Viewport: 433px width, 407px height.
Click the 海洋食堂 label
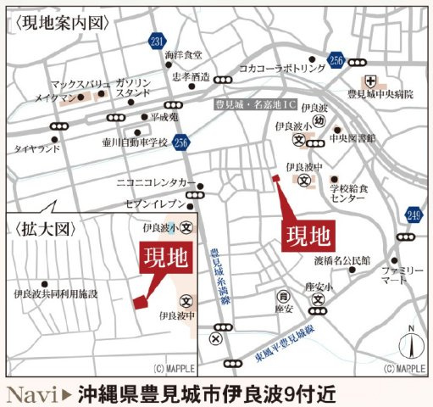[183, 55]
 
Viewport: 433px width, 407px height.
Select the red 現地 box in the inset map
[163, 257]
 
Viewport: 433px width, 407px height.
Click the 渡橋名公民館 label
[343, 258]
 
